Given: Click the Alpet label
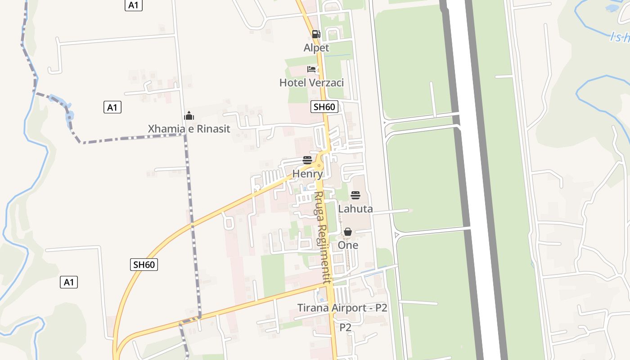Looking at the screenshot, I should (x=316, y=48).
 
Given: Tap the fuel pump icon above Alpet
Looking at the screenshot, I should (x=316, y=34).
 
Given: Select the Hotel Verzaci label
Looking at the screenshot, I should (x=311, y=83).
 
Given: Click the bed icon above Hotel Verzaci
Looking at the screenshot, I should (x=311, y=69).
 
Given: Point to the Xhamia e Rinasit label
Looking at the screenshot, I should (x=189, y=129).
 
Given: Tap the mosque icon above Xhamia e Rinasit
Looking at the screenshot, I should (x=189, y=116).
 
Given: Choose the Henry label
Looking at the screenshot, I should (x=308, y=174).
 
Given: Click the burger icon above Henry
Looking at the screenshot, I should (x=307, y=160).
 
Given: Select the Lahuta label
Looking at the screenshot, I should (x=355, y=209).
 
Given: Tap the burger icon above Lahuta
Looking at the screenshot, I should (x=355, y=195).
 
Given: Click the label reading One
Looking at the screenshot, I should (x=348, y=245).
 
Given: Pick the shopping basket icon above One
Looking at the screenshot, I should (x=348, y=232).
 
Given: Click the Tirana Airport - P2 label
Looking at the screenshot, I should (x=342, y=308).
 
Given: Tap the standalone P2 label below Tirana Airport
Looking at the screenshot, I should (x=345, y=328).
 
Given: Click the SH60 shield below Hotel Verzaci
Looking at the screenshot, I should (x=324, y=107).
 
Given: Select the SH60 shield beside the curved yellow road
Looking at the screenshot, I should (x=144, y=265).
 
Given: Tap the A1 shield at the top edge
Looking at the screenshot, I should (x=133, y=5).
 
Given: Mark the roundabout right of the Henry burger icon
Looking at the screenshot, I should (x=319, y=165).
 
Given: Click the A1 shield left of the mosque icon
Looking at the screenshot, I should (x=112, y=107).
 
